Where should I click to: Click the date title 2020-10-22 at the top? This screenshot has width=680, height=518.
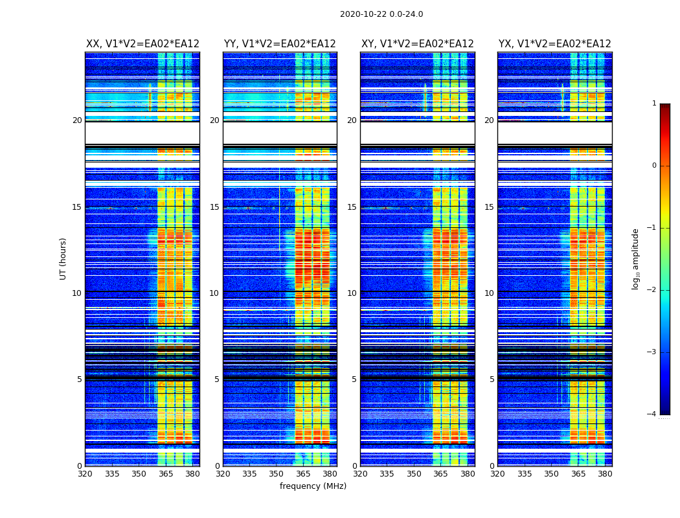(x=381, y=14)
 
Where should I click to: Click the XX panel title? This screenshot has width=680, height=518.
(x=142, y=44)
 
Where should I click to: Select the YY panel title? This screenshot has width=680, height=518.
(x=280, y=44)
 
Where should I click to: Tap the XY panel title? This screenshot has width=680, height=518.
(x=417, y=44)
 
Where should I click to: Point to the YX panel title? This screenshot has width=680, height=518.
(x=554, y=44)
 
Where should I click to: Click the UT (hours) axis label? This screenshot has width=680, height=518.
(x=63, y=258)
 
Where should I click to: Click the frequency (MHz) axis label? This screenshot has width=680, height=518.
(x=313, y=486)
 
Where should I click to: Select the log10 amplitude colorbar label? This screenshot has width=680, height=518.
(x=636, y=258)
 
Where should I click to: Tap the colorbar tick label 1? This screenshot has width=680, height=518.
(x=653, y=104)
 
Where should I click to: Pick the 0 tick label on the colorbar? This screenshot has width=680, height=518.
(x=653, y=166)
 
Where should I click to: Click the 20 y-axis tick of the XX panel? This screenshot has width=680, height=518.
(x=77, y=120)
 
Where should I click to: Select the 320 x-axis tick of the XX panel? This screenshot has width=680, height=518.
(x=85, y=473)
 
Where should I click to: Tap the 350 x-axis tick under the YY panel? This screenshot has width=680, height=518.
(x=277, y=473)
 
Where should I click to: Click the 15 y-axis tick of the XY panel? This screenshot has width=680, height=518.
(x=352, y=207)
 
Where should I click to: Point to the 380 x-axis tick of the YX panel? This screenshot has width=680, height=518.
(x=605, y=473)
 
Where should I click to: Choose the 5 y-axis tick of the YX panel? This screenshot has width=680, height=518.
(x=492, y=379)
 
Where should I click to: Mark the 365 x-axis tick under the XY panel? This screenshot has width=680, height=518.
(x=440, y=473)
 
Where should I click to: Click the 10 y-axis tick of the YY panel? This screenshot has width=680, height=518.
(x=214, y=293)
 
